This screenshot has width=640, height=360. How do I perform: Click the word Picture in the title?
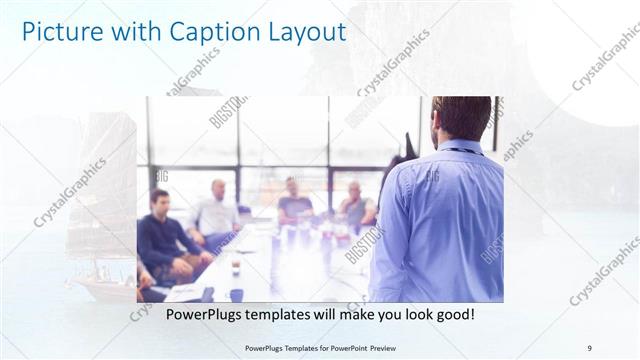pyautogui.click(x=61, y=32)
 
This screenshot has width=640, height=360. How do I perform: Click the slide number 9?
pyautogui.click(x=589, y=347)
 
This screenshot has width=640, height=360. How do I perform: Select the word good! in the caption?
pyautogui.click(x=450, y=315)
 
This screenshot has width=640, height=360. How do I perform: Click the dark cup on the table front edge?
pyautogui.click(x=236, y=294)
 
